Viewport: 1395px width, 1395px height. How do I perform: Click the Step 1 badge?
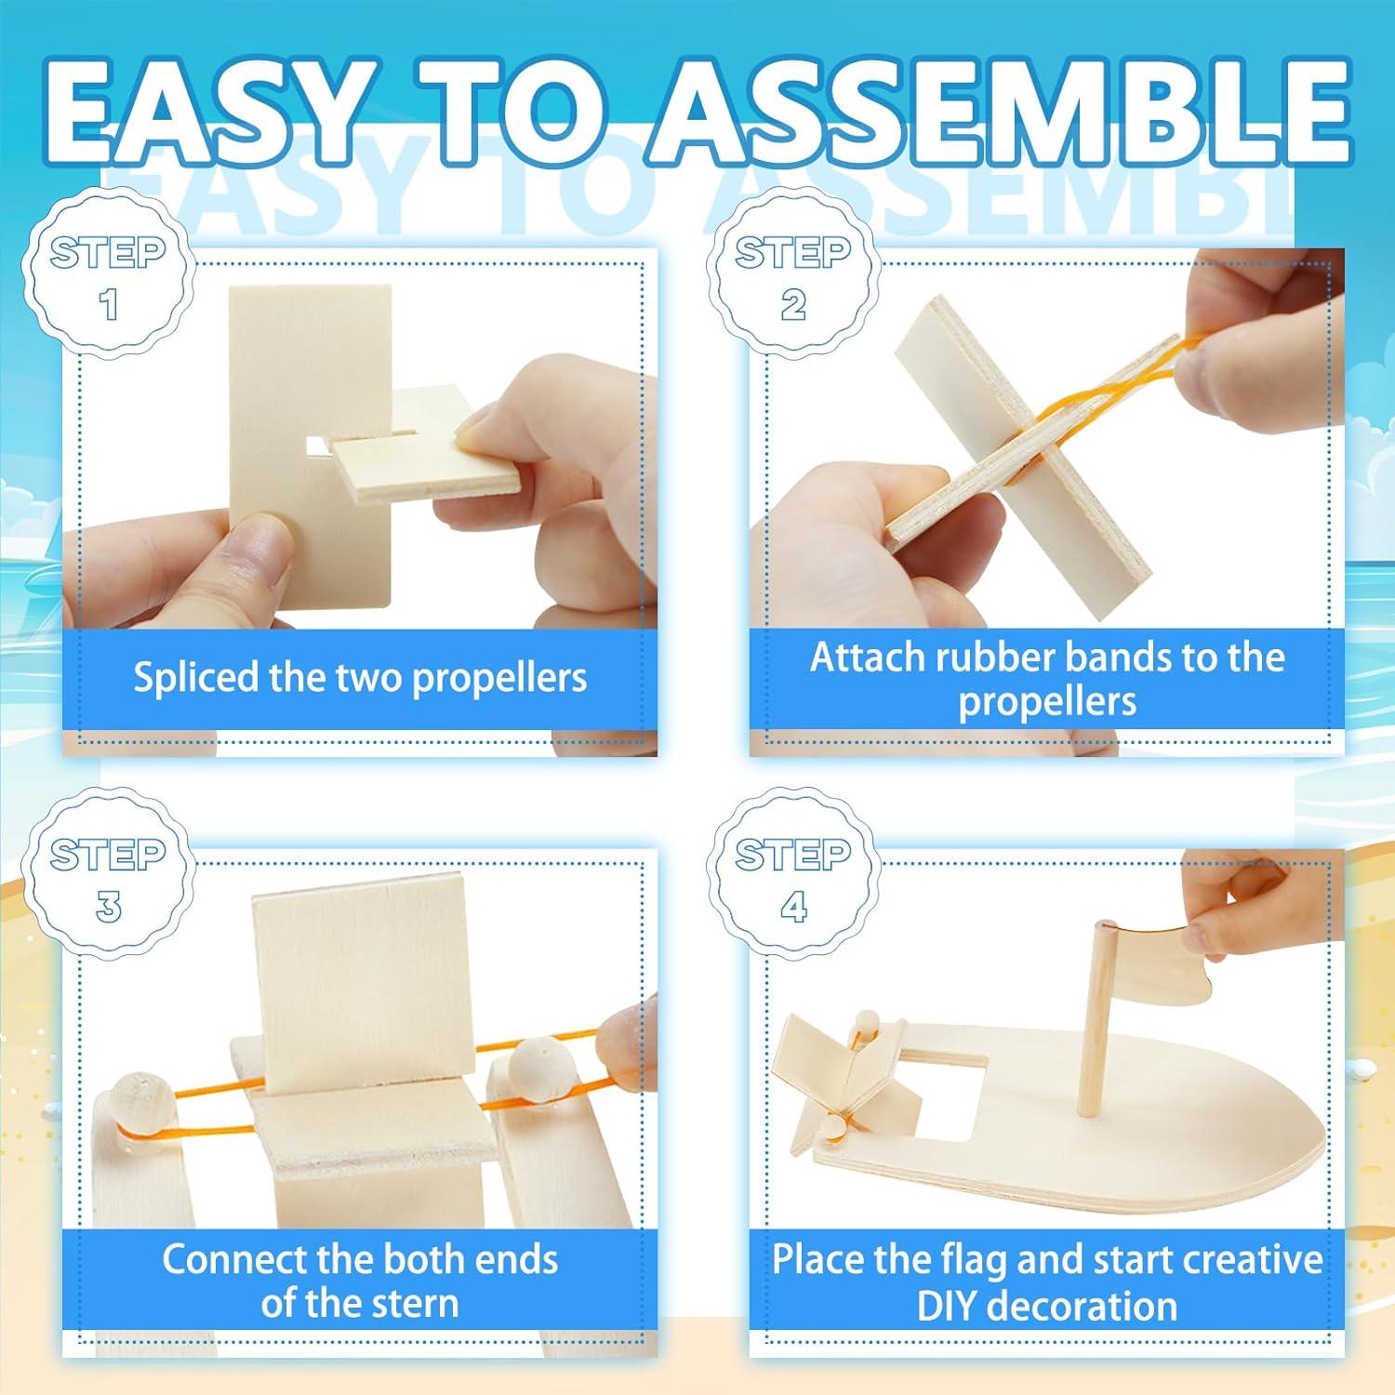tap(109, 276)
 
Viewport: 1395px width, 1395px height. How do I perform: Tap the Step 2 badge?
tap(792, 276)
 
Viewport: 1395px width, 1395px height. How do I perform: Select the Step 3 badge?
tap(109, 878)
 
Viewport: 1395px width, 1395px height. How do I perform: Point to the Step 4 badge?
tap(792, 878)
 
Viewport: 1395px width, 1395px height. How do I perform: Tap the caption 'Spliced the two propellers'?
tap(360, 677)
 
